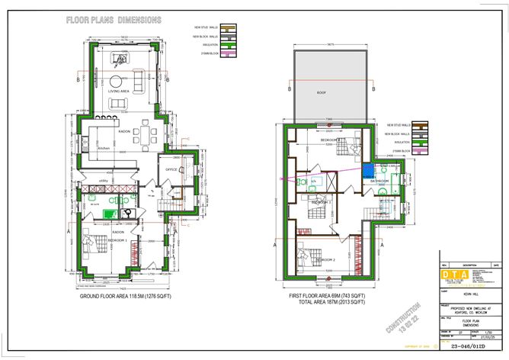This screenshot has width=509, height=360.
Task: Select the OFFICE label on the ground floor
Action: [172, 169]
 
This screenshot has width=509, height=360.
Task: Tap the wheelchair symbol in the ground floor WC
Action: [130, 213]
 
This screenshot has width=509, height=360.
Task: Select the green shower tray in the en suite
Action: [113, 201]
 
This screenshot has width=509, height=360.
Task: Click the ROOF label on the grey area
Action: [322, 92]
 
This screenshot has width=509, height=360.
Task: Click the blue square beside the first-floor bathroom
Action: [368, 172]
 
